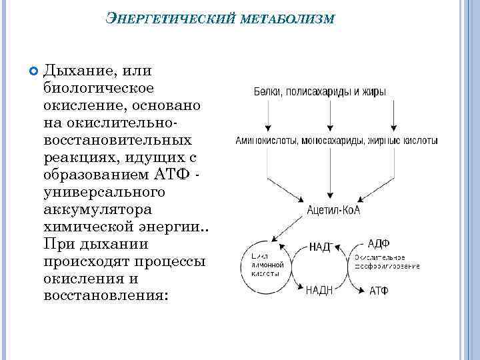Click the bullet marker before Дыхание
(34, 70)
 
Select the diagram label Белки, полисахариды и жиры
(319, 92)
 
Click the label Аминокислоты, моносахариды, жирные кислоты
(337, 141)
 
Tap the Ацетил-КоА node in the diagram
(333, 210)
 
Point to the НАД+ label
(321, 246)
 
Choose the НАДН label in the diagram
(319, 289)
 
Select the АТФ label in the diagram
(379, 291)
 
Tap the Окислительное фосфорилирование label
(387, 261)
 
